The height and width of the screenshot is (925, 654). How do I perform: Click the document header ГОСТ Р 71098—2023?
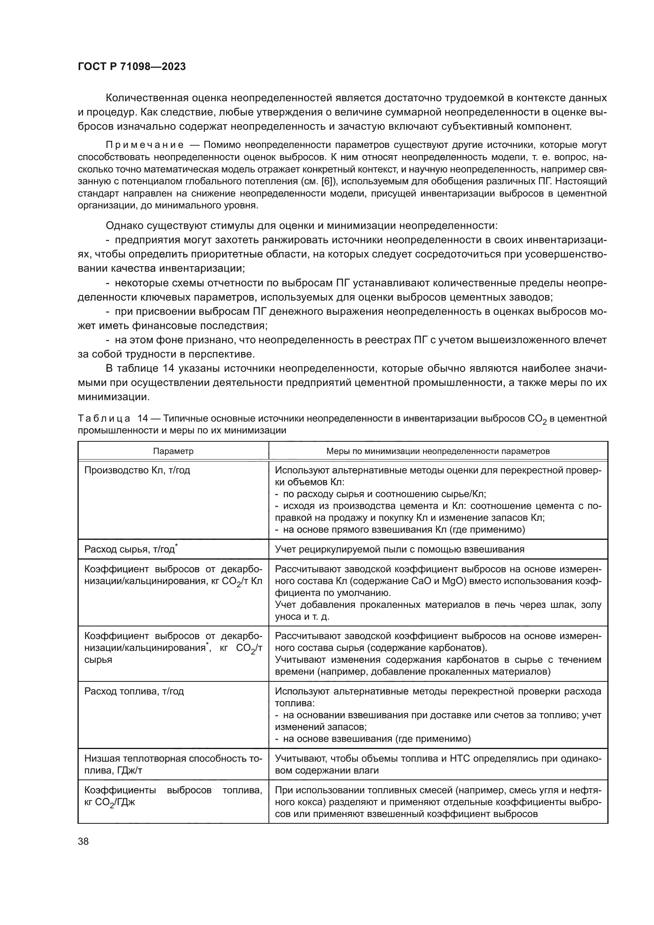tap(132, 67)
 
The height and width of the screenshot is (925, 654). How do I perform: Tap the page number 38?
tap(83, 841)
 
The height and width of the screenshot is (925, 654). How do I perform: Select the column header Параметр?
tap(173, 451)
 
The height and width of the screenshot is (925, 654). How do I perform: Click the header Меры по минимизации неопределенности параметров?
tap(438, 451)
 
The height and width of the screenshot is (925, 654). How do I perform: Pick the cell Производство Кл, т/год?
tap(137, 470)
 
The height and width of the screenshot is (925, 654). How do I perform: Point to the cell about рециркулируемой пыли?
tap(399, 549)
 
